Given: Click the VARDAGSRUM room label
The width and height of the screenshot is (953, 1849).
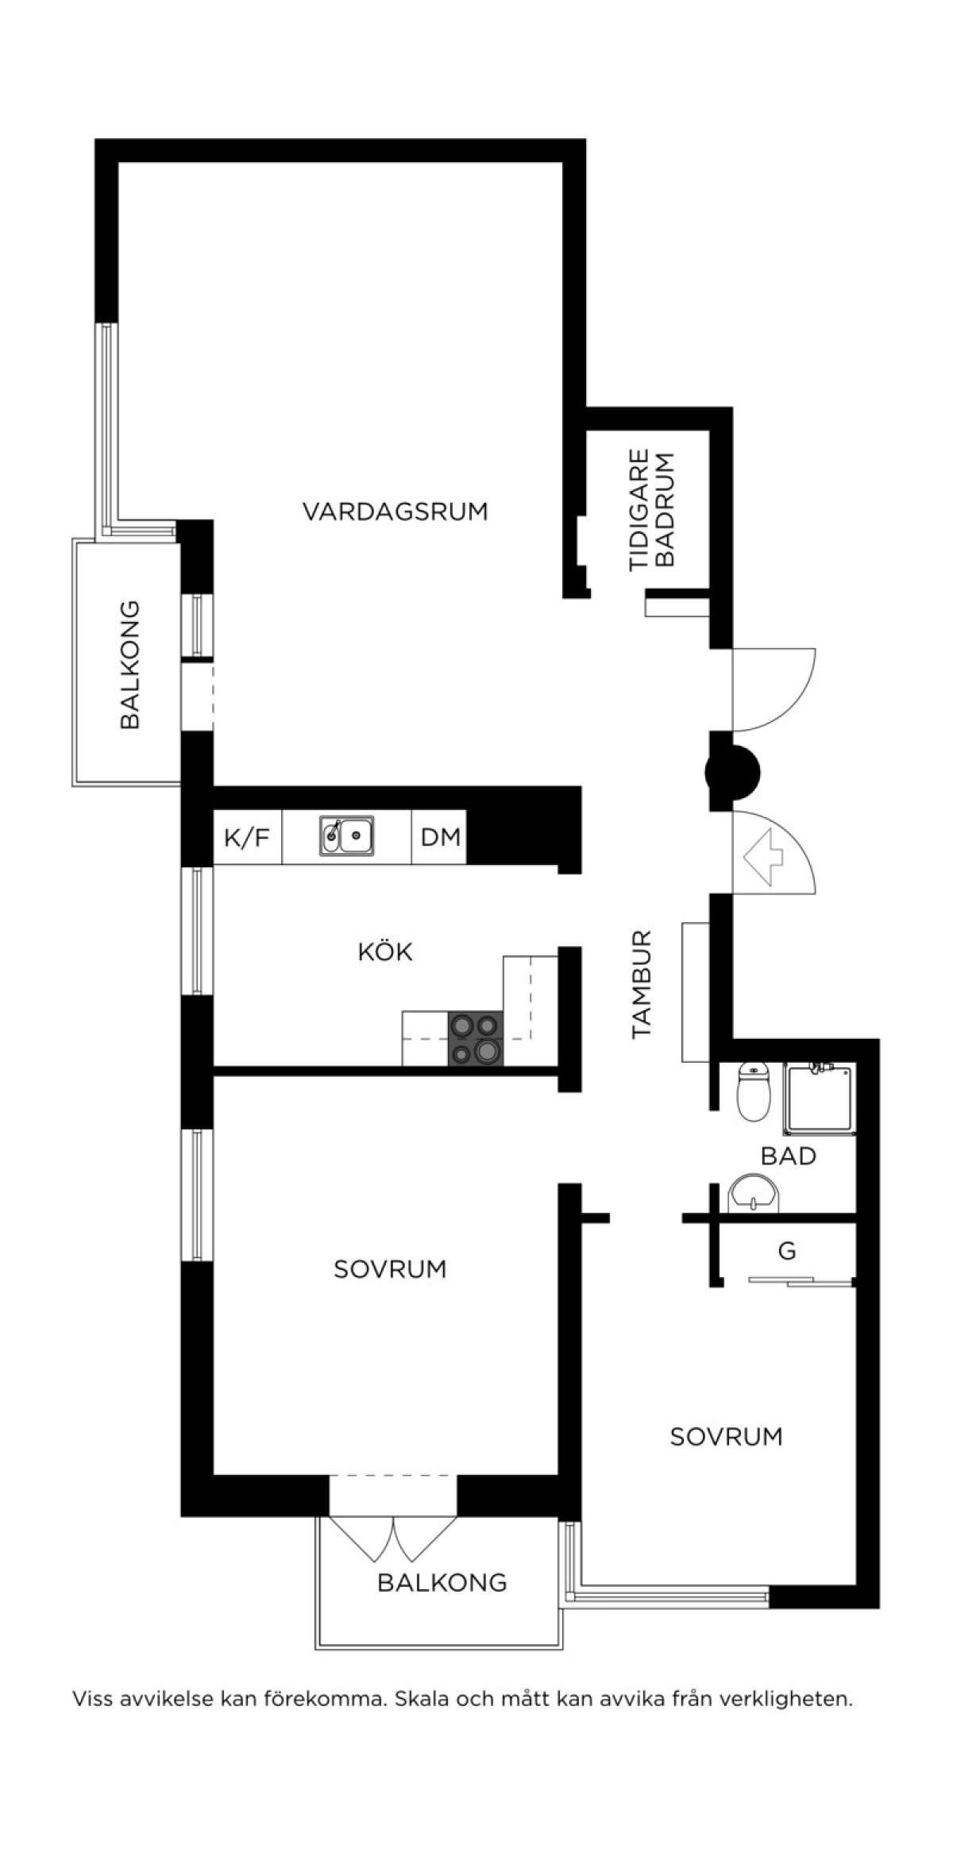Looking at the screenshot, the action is [395, 511].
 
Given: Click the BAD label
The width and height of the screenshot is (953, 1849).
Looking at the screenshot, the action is [789, 1156].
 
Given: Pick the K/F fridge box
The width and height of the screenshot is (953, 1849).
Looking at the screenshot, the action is [248, 836].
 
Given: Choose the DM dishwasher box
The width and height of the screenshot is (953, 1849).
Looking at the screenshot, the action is [439, 836].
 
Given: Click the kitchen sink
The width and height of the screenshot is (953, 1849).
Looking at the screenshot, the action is [348, 836].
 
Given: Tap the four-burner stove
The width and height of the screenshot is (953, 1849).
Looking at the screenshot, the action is [476, 1039].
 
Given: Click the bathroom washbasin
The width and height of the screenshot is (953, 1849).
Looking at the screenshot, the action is [754, 1195].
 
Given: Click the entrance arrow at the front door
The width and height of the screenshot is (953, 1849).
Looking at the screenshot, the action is [763, 856].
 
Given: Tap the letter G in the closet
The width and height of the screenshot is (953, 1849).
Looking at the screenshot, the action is [787, 1251].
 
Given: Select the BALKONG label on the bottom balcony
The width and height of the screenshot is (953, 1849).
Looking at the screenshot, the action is [442, 1582].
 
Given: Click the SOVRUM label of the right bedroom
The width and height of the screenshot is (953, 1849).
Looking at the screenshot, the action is [726, 1436].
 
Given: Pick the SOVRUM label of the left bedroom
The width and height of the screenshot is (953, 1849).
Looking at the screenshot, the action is [389, 1268].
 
